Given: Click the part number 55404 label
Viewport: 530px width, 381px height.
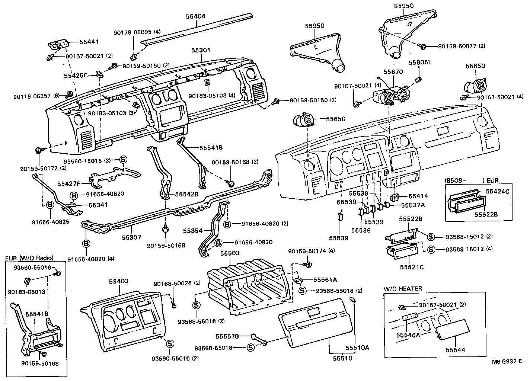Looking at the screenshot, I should pos(196,16).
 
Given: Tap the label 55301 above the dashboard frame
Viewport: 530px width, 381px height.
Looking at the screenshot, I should pos(201,50).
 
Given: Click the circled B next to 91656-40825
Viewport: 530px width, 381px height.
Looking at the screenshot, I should pos(49,205).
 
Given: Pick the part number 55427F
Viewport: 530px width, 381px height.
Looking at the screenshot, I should pos(69,183).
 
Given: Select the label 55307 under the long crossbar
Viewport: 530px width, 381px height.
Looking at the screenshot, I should pos(132,237).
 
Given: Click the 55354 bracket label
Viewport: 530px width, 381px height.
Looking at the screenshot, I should pos(192,231).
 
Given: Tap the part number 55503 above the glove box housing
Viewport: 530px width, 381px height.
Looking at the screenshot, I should pos(230,253).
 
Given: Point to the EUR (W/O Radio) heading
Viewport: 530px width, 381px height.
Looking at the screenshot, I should pos(29,258).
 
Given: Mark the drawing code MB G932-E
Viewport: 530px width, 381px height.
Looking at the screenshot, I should pos(507,361).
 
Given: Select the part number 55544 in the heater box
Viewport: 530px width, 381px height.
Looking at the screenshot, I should pos(456,350).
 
